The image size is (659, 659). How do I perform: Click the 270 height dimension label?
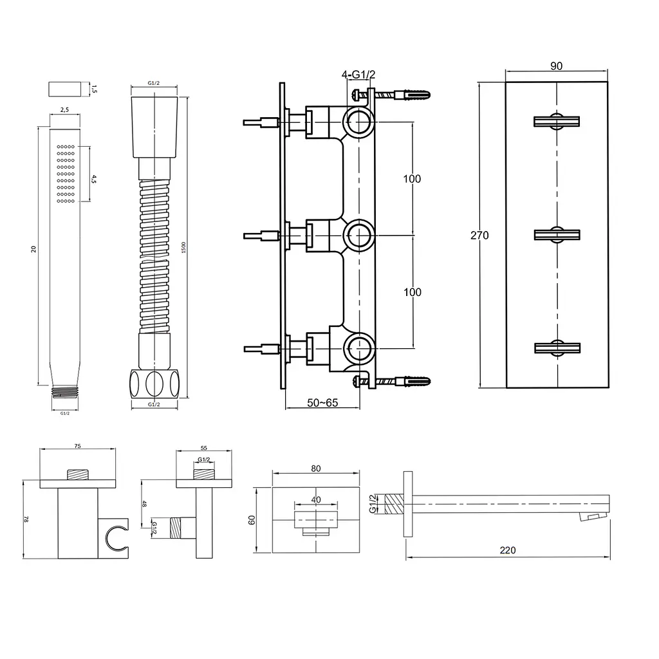(479, 236)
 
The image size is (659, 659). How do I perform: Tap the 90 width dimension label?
(556, 66)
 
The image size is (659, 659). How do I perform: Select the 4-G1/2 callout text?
(358, 75)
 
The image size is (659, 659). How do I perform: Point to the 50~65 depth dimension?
(322, 403)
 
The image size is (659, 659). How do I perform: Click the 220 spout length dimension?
(508, 550)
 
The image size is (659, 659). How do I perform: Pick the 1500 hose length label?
(183, 248)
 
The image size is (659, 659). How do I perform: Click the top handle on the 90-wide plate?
(557, 122)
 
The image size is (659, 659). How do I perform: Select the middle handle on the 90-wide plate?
(557, 235)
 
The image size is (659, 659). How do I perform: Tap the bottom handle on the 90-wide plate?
(557, 348)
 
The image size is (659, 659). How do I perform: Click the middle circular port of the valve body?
(359, 235)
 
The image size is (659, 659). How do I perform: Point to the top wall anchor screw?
(391, 94)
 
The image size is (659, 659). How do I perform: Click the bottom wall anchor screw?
(391, 382)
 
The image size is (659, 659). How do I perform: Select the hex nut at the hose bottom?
(154, 384)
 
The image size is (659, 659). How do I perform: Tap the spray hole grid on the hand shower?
(66, 174)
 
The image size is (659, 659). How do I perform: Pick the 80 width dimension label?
(315, 469)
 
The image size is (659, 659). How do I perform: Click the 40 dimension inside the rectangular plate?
(316, 499)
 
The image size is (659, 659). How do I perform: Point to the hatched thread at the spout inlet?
(394, 503)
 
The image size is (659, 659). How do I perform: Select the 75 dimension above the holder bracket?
(77, 447)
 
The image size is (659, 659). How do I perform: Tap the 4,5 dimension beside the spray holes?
(93, 180)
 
